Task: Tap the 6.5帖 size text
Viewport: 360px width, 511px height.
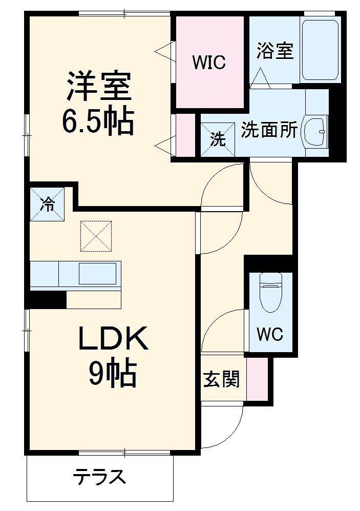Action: click(x=98, y=121)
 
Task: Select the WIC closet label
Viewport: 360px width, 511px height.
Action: click(x=208, y=63)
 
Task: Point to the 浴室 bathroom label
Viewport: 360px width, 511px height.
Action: click(x=274, y=51)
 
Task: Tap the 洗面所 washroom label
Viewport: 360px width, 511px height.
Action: click(x=269, y=130)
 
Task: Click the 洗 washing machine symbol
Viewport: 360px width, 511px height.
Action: click(x=218, y=139)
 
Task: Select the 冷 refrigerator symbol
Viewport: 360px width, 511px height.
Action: click(x=47, y=205)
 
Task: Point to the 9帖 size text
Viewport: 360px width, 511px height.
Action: click(x=113, y=374)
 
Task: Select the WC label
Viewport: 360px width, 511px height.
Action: click(x=269, y=335)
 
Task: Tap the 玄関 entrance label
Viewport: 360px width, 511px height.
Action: click(x=222, y=380)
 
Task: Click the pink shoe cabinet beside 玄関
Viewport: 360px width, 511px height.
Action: click(x=257, y=379)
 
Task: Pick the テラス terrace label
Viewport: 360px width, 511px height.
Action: click(x=99, y=477)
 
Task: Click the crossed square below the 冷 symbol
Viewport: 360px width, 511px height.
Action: click(x=96, y=236)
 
